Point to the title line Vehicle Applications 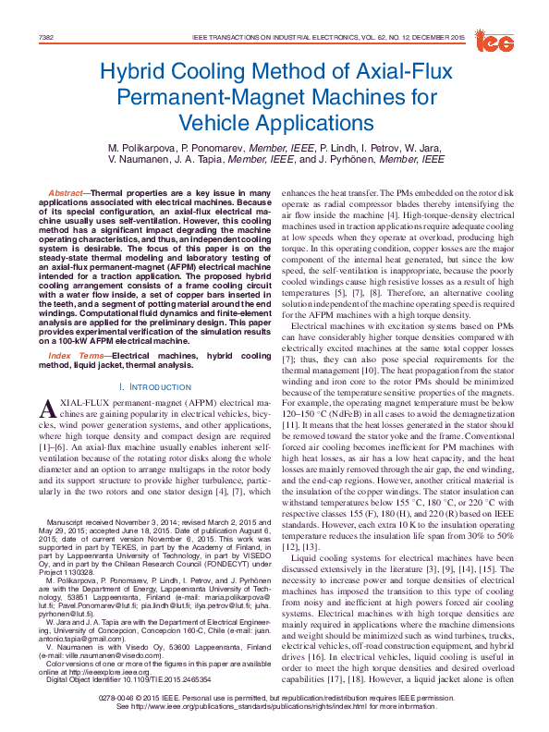(274, 120)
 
